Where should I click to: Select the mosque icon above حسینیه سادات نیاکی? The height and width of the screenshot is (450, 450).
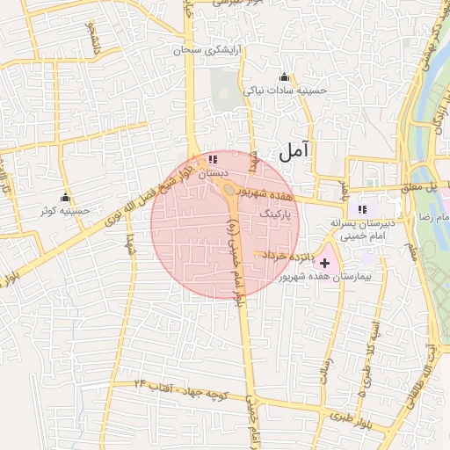coord(283,76)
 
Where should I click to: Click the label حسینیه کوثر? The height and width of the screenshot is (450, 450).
coord(64,211)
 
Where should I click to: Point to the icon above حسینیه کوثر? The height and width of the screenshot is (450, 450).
coord(64,197)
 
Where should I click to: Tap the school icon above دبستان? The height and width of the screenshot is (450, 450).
coord(213,160)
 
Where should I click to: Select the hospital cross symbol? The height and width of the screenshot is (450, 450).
coord(326,262)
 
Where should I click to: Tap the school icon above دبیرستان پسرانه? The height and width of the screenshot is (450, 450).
coord(361,209)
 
